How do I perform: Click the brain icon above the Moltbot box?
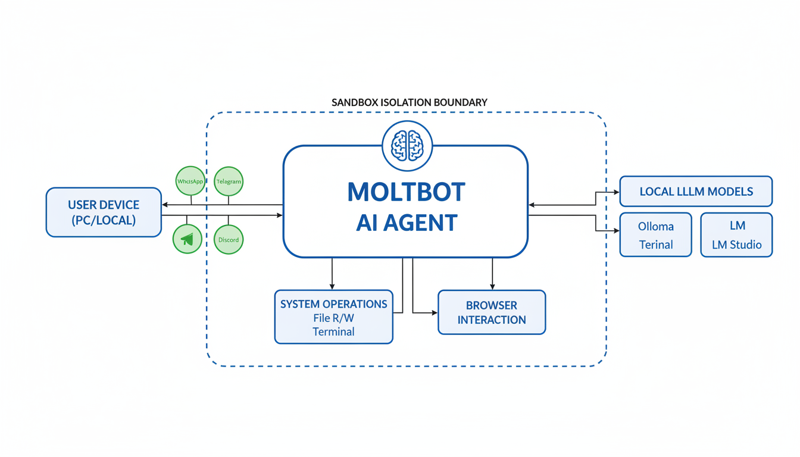pos(407,146)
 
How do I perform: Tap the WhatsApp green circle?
pos(190,181)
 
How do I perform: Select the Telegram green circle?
pos(229,181)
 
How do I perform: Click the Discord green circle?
pos(229,239)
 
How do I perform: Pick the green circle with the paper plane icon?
pos(187,239)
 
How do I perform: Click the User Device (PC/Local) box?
pos(104,212)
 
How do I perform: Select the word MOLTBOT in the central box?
pos(406,192)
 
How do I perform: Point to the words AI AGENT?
pos(407,223)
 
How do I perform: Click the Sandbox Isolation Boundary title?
pos(409,102)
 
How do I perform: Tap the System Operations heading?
pos(333,304)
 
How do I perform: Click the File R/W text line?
pos(333,318)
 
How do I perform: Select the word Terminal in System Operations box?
pos(333,331)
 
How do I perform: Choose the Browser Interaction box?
pos(492,312)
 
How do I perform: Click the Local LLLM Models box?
pos(696,192)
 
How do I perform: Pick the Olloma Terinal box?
pos(655,235)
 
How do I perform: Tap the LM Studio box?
pos(736,235)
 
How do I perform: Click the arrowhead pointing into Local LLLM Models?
pos(616,192)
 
